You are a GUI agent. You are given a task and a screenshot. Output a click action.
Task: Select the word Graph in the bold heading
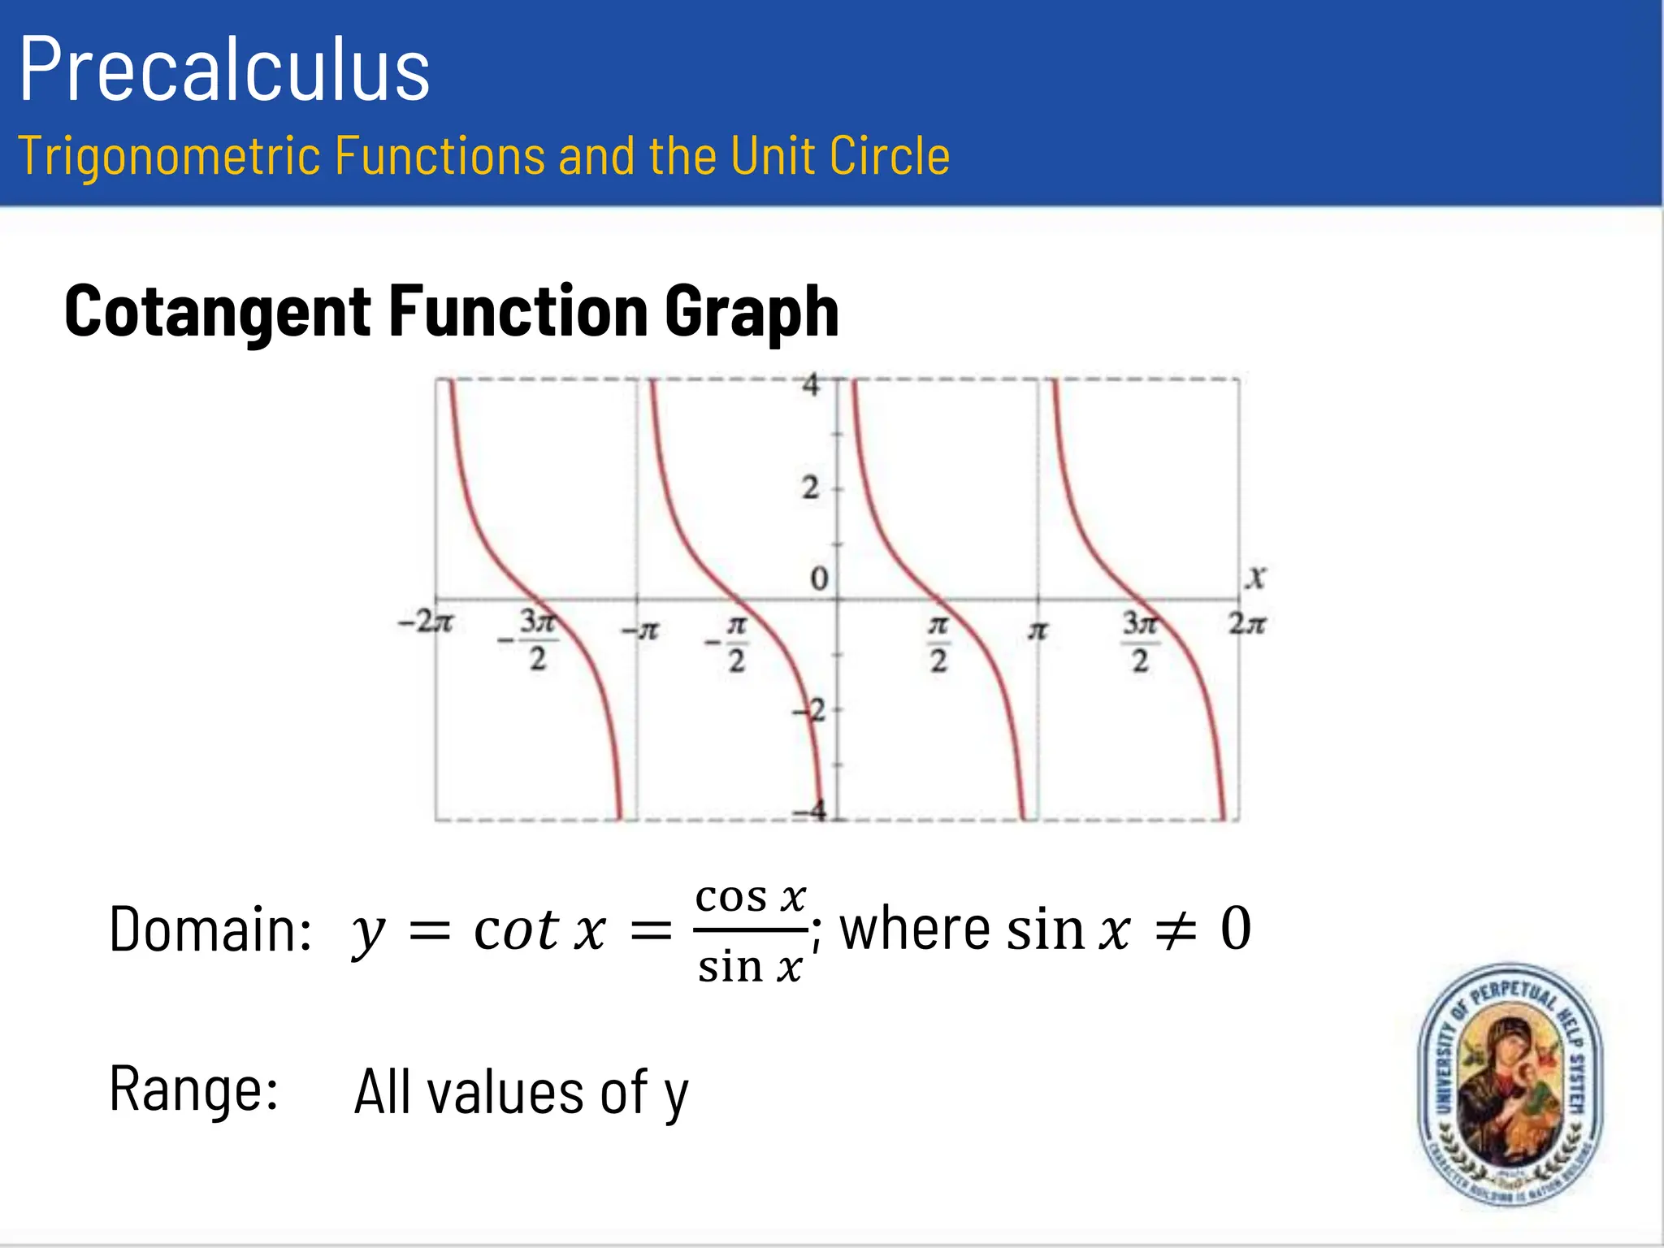[752, 313]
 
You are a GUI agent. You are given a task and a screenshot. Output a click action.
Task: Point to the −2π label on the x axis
[425, 623]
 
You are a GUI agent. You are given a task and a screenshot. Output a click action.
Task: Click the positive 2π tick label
[1246, 624]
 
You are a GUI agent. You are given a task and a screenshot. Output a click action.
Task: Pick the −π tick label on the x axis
[640, 630]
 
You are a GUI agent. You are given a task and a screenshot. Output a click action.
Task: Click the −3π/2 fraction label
[533, 641]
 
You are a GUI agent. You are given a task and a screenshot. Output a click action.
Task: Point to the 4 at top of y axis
[811, 384]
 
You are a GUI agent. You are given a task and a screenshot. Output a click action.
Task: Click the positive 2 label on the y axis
[810, 488]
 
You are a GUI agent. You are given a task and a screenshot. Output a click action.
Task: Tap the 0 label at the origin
[819, 579]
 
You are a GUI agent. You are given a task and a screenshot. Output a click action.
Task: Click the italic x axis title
[1256, 577]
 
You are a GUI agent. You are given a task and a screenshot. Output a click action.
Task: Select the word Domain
[210, 930]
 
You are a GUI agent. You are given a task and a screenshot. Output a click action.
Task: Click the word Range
[194, 1090]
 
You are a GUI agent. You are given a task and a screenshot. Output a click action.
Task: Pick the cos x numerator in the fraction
[750, 898]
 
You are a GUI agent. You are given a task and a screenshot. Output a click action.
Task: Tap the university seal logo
[1510, 1085]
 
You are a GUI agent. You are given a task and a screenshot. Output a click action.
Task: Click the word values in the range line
[505, 1093]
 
